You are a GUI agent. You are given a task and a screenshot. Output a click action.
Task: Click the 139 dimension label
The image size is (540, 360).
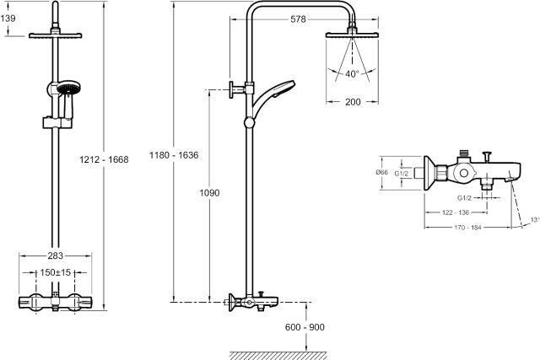pyautogui.click(x=8, y=19)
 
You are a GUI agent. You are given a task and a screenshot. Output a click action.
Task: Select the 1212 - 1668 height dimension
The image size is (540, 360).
pyautogui.click(x=104, y=159)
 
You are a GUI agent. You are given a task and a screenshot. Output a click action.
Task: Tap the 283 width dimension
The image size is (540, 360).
pyautogui.click(x=56, y=255)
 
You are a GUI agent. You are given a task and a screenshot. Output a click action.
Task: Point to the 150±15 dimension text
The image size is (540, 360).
pyautogui.click(x=56, y=272)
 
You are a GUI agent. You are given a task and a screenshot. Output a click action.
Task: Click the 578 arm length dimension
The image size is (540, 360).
pyautogui.click(x=298, y=19)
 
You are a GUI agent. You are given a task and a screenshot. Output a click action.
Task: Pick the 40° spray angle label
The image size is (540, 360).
pyautogui.click(x=352, y=73)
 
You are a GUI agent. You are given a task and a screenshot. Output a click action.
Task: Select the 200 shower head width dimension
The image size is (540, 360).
pyautogui.click(x=353, y=102)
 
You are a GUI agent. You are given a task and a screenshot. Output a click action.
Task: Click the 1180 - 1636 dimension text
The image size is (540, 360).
pyautogui.click(x=174, y=155)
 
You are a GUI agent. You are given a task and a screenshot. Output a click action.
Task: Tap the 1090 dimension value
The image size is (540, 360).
pyautogui.click(x=210, y=193)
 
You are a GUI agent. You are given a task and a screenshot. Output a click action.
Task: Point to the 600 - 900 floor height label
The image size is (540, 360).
pyautogui.click(x=305, y=327)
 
